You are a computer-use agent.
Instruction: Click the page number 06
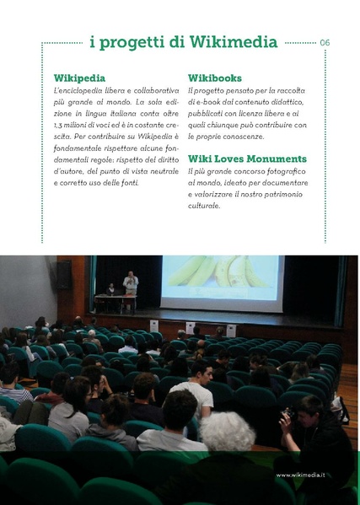click(325, 42)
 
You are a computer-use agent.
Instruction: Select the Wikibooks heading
click(215, 77)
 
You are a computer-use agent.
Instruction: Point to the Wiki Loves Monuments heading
click(247, 158)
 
